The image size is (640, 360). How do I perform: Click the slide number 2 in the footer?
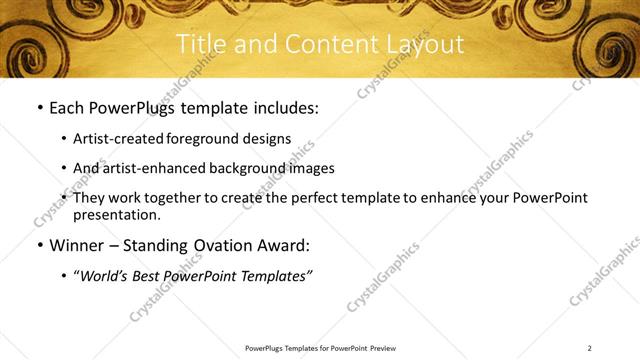pos(589,348)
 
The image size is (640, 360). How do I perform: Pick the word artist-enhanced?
pos(147,168)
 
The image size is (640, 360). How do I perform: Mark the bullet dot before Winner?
pos(39,245)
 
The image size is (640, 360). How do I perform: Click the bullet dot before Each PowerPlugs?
pos(39,107)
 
